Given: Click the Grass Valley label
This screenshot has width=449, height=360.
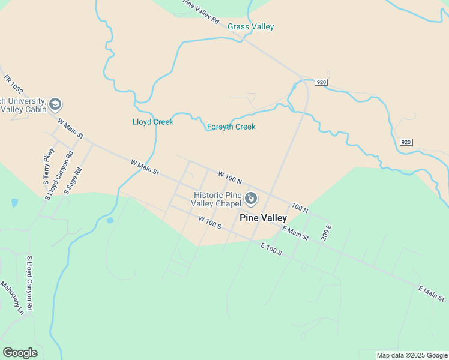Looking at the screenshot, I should coord(250,27).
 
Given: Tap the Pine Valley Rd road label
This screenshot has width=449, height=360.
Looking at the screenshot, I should coord(201,11).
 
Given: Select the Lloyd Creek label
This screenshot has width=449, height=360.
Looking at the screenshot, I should coord(153,122).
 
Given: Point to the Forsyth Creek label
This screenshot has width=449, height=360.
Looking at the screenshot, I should coord(231,127).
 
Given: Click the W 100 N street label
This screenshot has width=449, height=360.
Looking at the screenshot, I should coord(230,176).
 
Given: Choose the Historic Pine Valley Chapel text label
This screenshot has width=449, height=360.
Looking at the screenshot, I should coord(217,200).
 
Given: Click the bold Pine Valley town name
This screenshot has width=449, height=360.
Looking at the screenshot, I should coord(263,218).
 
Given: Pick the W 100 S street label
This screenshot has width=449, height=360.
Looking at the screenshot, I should coord(210,223).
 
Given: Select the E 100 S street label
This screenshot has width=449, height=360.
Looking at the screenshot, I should coord(271,248).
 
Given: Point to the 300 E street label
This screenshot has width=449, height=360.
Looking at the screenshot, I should coord(327,232).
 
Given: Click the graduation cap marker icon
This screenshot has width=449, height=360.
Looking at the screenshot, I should coord(55,105).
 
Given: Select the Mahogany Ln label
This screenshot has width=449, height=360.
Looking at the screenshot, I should coord(12,298).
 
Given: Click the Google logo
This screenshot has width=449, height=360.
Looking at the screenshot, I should coord(20,353).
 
